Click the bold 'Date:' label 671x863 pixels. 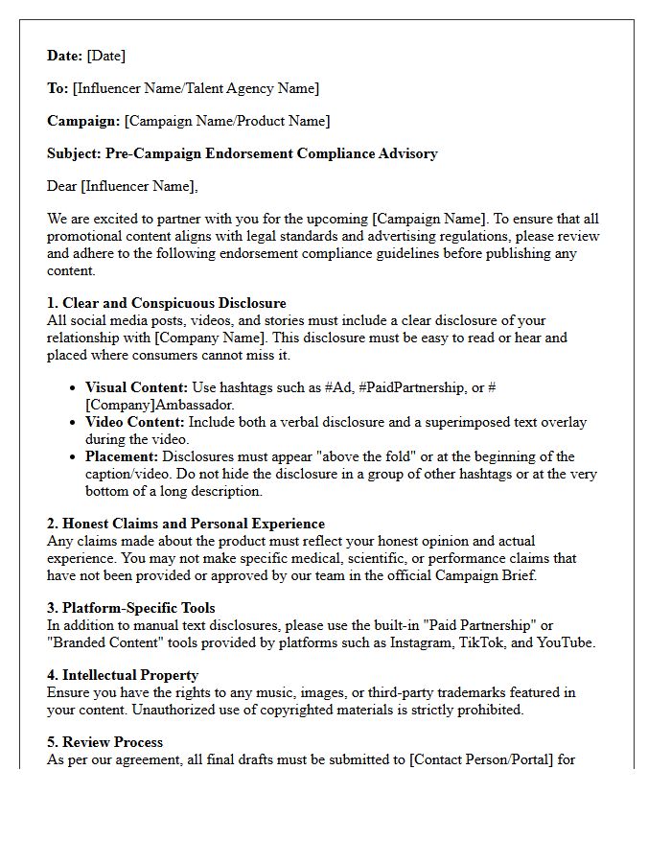[x=64, y=56]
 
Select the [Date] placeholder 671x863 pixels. [x=106, y=56]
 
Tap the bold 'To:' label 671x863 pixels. [x=58, y=88]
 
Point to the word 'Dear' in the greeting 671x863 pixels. [x=62, y=186]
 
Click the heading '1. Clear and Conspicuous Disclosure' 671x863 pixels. [x=167, y=303]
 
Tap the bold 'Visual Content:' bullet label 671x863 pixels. [x=136, y=387]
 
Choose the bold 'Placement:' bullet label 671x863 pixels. [x=122, y=456]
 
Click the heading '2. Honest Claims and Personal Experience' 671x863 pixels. [x=186, y=524]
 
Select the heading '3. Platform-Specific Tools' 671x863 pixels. [x=131, y=608]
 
